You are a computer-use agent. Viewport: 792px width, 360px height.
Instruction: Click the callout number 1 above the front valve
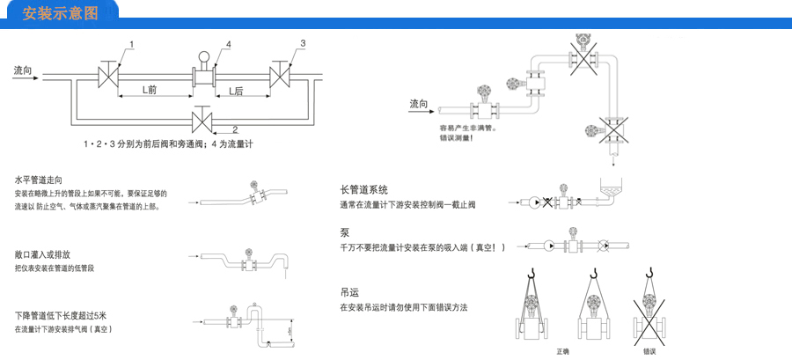coord(131,44)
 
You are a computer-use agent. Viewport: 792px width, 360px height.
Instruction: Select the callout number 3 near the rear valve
coord(302,43)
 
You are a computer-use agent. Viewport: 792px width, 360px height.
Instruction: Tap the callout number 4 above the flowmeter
coord(228,44)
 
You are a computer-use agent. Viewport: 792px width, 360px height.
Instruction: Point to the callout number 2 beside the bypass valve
coord(234,129)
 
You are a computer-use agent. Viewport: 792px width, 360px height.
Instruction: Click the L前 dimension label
coord(150,90)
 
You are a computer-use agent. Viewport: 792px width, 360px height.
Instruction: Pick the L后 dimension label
coord(236,90)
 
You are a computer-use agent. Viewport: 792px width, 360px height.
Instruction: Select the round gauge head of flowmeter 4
coord(203,57)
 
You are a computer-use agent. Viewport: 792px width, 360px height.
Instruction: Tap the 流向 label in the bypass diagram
coord(23,70)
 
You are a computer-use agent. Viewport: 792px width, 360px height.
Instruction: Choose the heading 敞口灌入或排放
coord(43,254)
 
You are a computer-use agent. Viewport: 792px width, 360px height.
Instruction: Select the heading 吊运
coord(348,292)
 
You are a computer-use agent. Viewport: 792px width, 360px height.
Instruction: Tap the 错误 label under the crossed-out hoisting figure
coord(650,350)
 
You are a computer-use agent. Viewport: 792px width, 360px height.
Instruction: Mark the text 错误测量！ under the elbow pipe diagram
coord(456,138)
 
